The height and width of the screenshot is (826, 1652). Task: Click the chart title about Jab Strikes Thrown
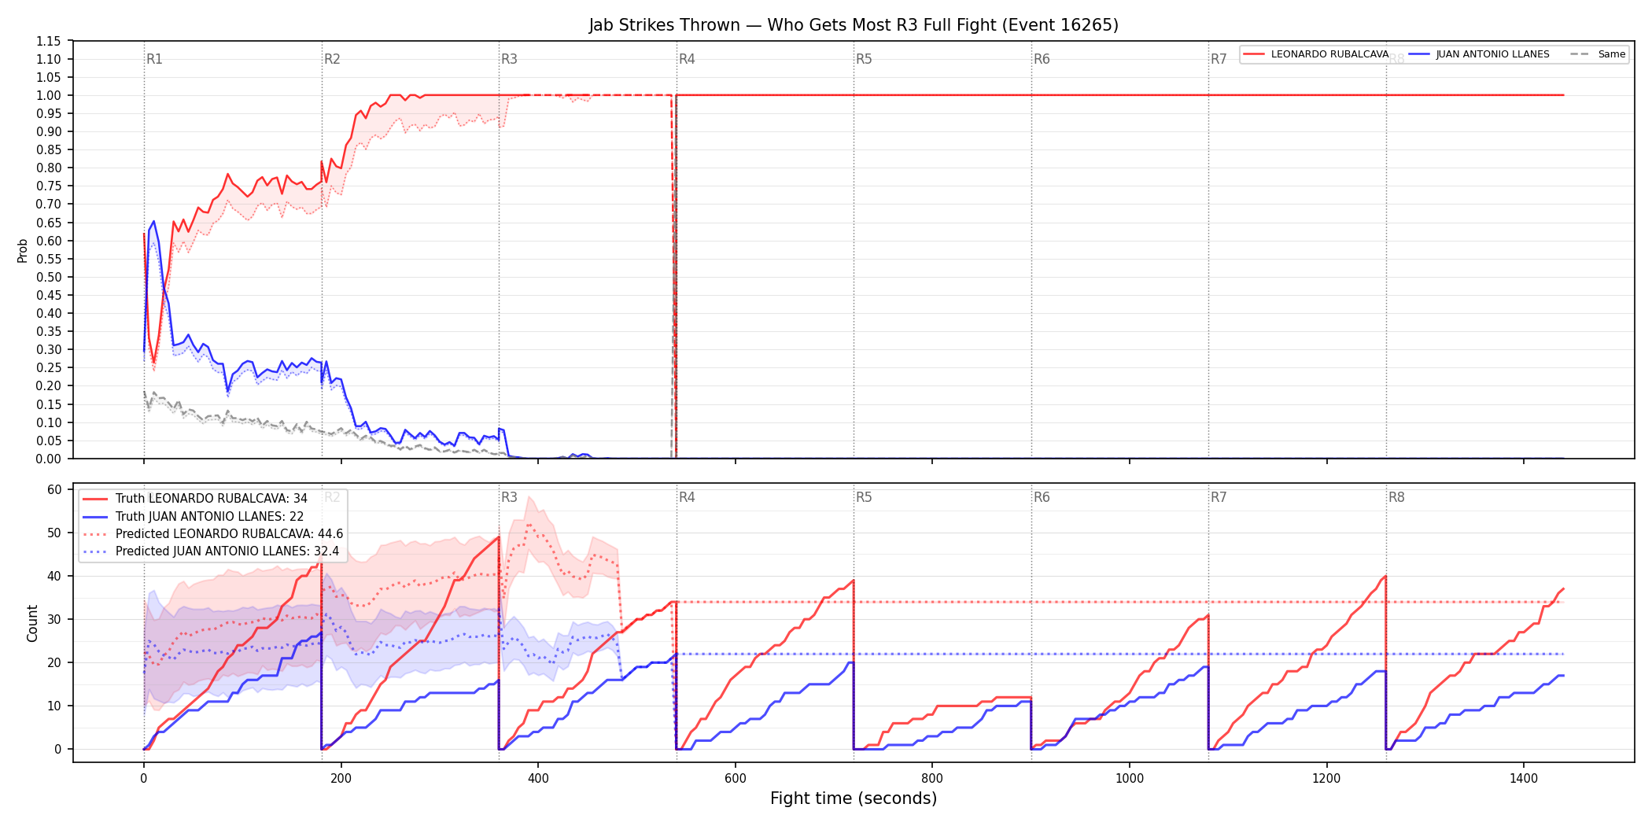[x=854, y=25]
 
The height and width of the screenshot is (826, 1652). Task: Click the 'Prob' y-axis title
[x=23, y=250]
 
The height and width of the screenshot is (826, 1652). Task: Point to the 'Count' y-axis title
[x=32, y=623]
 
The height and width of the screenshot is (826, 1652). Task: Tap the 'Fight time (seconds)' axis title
[x=854, y=798]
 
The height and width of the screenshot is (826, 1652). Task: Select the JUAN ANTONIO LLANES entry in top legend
[x=1479, y=54]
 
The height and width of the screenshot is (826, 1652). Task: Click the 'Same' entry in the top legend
[x=1598, y=54]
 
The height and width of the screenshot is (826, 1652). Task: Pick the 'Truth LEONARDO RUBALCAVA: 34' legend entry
[x=195, y=499]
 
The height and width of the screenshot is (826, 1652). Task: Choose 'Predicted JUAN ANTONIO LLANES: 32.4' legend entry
[x=211, y=551]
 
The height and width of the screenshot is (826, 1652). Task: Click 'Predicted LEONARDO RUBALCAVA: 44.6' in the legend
[x=212, y=534]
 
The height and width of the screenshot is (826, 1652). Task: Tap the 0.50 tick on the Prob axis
[x=49, y=277]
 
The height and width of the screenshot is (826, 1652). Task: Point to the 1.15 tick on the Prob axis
[x=49, y=41]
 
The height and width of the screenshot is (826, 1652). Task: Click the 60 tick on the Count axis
[x=54, y=489]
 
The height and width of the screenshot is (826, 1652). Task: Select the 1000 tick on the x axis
[x=1130, y=779]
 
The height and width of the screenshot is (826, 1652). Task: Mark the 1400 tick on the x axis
[x=1524, y=779]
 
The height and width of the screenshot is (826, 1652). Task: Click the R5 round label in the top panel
[x=864, y=59]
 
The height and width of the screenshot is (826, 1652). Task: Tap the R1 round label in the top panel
[x=154, y=59]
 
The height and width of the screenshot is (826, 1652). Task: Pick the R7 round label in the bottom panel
[x=1219, y=497]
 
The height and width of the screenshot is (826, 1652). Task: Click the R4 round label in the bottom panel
[x=687, y=497]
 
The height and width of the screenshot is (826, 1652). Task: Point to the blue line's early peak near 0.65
[x=153, y=221]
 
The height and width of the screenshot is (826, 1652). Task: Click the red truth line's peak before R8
[x=1385, y=577]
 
